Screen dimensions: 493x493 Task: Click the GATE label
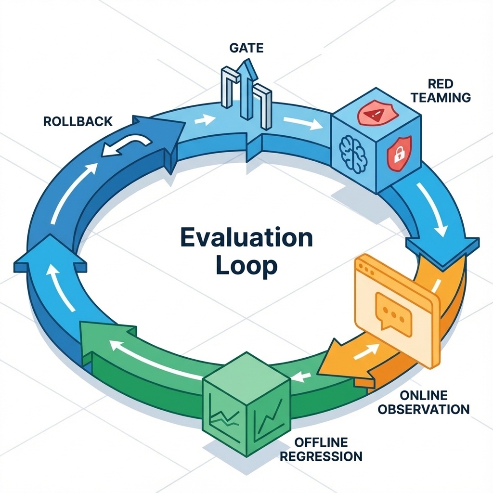(246, 48)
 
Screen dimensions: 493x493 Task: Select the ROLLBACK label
(78, 121)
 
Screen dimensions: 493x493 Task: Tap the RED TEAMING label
(441, 91)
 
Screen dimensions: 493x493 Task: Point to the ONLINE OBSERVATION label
(424, 402)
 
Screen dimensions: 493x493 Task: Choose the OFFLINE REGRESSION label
(321, 449)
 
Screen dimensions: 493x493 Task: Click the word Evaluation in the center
(246, 238)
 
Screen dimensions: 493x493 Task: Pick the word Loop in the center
(246, 266)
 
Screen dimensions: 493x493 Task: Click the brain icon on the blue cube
(353, 154)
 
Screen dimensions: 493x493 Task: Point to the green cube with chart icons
(246, 404)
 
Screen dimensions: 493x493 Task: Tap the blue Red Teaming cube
(376, 140)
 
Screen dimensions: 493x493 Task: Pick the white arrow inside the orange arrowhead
(366, 351)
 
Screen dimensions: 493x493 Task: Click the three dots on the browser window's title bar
(366, 269)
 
